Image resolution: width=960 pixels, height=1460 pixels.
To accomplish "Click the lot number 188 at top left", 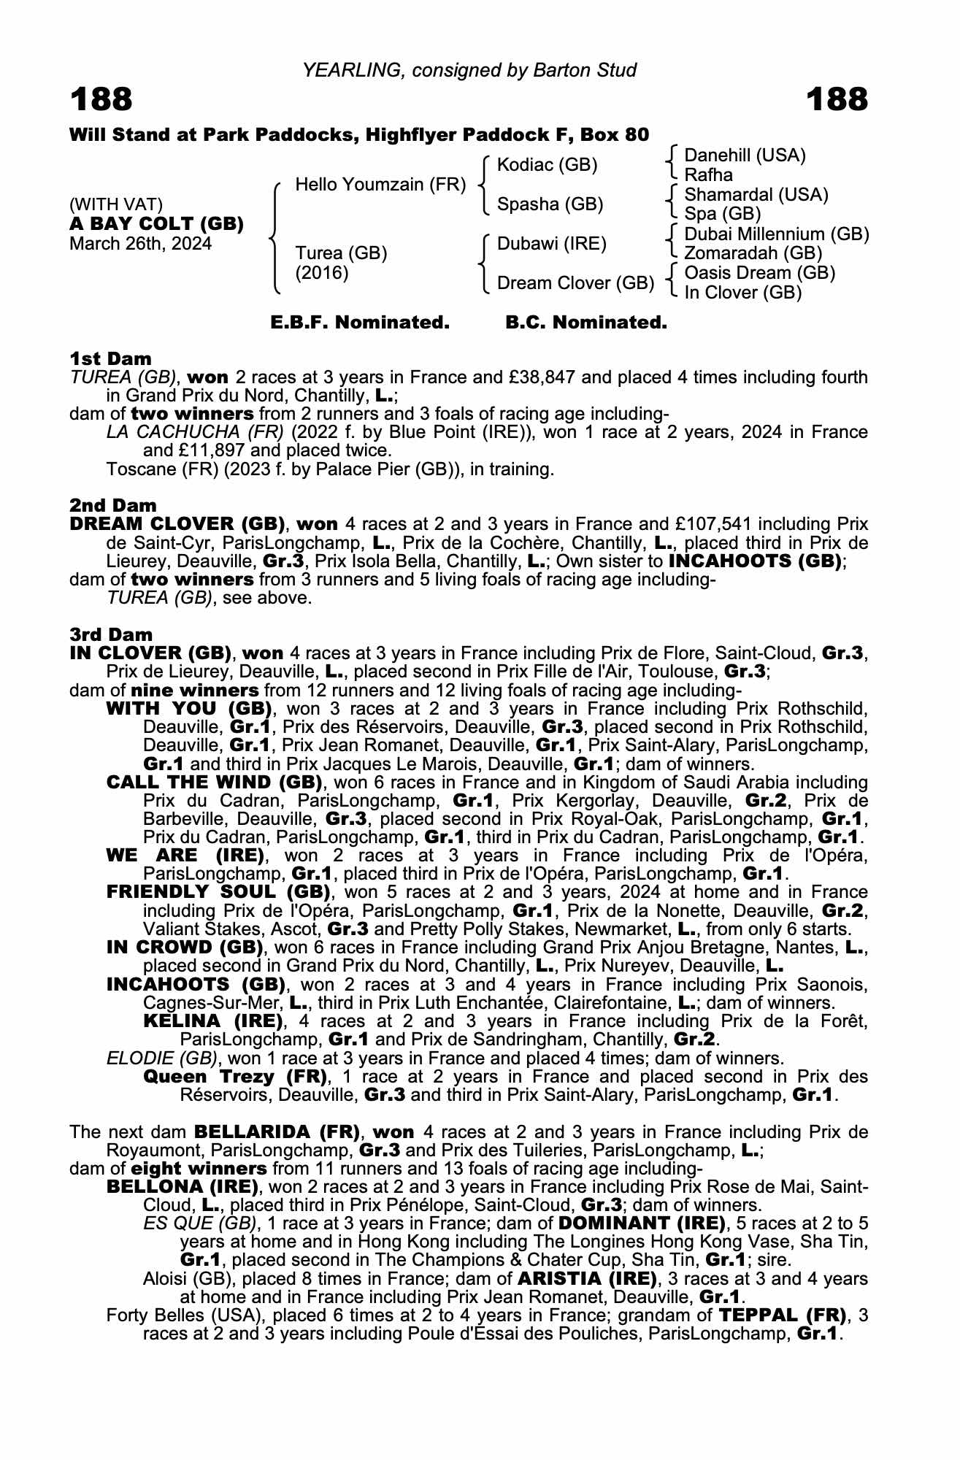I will tap(101, 99).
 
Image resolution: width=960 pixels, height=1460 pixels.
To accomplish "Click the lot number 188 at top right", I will tap(837, 99).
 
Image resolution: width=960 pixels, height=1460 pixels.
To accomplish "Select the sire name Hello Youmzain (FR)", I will tap(380, 185).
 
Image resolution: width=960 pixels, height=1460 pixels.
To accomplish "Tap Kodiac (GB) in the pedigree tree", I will tap(547, 165).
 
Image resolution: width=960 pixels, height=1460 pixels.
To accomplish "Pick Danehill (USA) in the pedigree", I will tap(745, 155).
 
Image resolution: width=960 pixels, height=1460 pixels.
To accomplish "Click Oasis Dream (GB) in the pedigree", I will tap(759, 273).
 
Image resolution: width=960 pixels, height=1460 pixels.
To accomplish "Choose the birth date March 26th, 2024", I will tap(140, 244).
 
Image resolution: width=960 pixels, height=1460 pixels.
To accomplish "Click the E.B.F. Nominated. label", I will tap(360, 323).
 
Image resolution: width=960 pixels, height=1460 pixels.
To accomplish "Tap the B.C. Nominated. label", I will tap(586, 323).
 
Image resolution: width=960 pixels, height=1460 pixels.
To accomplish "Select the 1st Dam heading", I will tap(111, 358).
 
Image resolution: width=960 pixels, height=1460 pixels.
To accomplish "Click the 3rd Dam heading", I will tap(111, 634).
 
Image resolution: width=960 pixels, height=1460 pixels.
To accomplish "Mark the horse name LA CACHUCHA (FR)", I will tap(196, 432).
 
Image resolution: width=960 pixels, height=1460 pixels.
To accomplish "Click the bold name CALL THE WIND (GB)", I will tap(214, 783).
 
